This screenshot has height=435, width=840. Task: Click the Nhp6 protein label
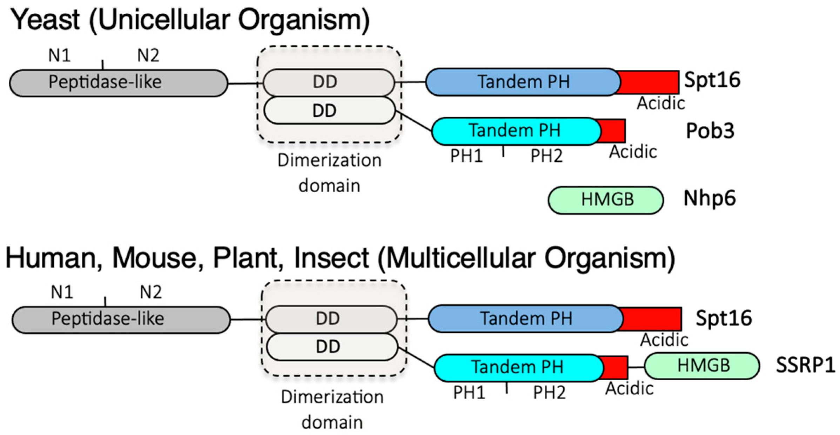click(x=709, y=199)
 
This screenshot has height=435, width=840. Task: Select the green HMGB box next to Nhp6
click(x=606, y=200)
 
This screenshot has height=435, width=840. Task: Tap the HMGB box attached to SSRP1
click(x=702, y=366)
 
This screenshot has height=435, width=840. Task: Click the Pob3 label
click(x=710, y=131)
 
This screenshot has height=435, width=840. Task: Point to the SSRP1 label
click(x=805, y=365)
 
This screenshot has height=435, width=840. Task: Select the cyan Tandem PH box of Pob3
click(x=515, y=131)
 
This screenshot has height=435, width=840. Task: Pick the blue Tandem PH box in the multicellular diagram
click(x=525, y=319)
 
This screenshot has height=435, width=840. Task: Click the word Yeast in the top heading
click(x=45, y=20)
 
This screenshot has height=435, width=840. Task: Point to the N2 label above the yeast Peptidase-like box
click(x=148, y=55)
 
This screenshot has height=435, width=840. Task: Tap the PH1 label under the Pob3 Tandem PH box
click(x=466, y=156)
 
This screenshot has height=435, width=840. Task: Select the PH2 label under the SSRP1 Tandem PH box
click(x=549, y=392)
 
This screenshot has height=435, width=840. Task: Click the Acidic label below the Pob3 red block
click(x=632, y=152)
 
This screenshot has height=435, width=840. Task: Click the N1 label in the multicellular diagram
click(x=62, y=292)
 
